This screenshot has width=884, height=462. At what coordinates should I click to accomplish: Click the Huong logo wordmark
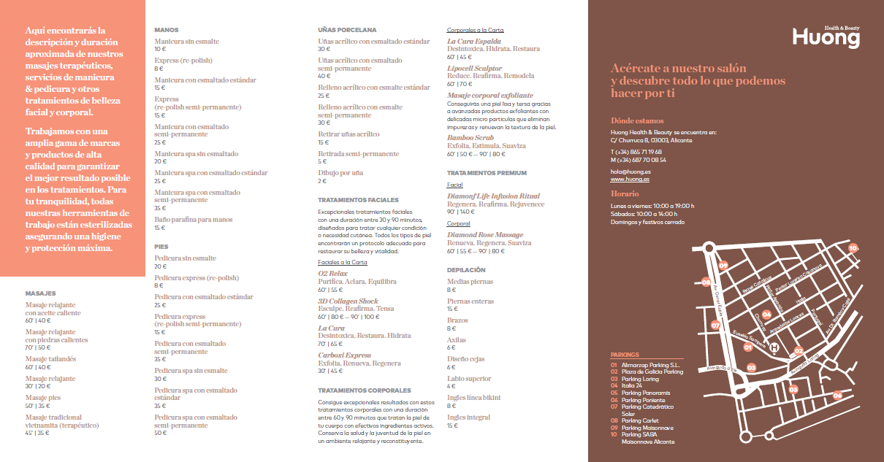tap(826, 38)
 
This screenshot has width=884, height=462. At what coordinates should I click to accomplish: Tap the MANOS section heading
tap(167, 30)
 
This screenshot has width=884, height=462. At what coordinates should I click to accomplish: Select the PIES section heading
tap(161, 247)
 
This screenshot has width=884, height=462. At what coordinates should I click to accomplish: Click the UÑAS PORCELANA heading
tap(347, 30)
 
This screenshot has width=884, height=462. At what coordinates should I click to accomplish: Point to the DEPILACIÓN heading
tap(466, 269)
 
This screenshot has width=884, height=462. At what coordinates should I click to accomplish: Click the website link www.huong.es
tap(630, 179)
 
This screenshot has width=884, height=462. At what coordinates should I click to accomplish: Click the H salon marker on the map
tap(774, 349)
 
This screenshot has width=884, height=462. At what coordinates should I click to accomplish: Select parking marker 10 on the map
tap(853, 248)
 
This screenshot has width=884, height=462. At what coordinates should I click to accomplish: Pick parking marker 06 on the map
tap(837, 395)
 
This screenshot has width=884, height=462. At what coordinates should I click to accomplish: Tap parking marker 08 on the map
tap(706, 282)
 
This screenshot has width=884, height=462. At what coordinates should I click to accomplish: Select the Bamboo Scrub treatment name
tap(470, 137)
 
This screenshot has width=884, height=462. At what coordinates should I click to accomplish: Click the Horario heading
tap(625, 193)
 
